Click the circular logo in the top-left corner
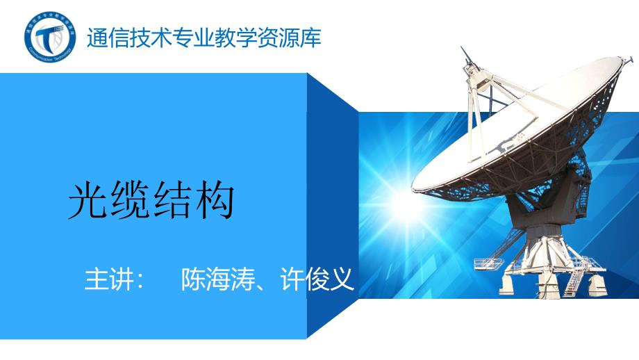coord(49,36)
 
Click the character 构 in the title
coord(215,202)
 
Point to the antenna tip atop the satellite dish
coord(463,52)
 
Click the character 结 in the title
coord(173,202)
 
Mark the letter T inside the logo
coord(49,36)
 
